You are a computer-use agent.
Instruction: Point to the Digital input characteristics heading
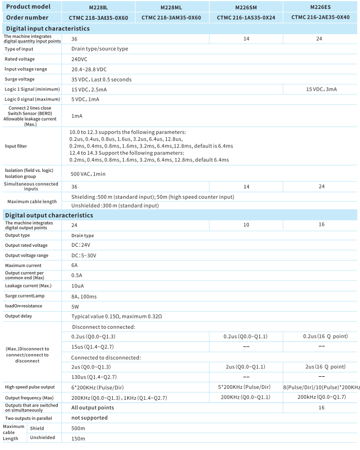47,28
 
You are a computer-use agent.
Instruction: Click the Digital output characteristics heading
49,215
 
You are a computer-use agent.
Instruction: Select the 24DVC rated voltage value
81,59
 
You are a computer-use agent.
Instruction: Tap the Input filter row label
16,146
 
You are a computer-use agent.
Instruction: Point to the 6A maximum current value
75,265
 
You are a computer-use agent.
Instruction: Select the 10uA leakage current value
78,286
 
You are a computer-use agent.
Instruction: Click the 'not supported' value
89,418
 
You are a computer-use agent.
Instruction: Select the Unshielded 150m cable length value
78,438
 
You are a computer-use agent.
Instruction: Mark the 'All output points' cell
92,408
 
